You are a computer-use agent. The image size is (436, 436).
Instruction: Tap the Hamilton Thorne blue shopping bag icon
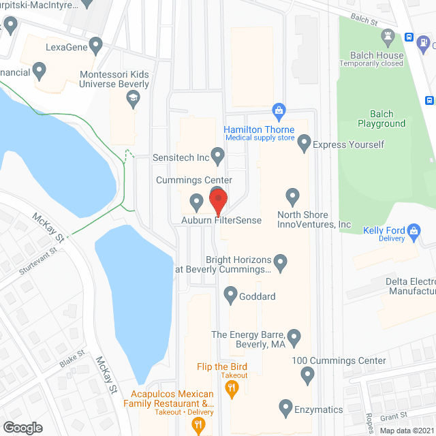pos(278,110)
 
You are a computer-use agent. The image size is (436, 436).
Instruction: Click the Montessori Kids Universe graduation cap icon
pos(134,101)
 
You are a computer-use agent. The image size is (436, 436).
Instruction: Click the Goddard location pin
pos(230,296)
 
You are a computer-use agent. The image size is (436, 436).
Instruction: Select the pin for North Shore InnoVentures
pos(292,197)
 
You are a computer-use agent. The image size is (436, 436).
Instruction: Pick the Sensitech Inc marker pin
pos(217,156)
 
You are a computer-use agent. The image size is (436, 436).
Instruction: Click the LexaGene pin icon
pos(96,47)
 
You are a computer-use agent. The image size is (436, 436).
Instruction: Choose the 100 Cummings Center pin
pos(307,374)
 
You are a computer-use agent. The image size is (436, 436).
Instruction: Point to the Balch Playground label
pos(381,119)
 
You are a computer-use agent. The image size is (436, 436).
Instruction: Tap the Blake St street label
pos(71,358)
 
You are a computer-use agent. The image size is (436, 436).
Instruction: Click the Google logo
pos(22,427)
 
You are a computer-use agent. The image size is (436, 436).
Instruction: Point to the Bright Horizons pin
pos(280,261)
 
